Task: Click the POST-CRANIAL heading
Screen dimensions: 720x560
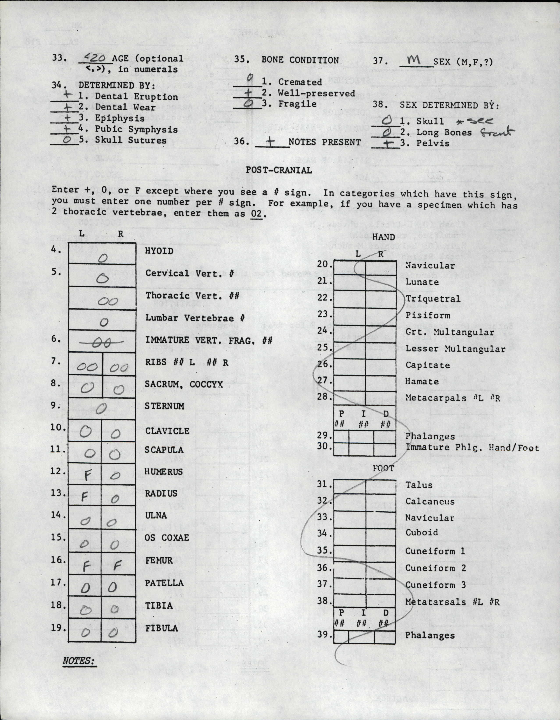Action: coord(279,170)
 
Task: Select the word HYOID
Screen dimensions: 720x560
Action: coord(159,251)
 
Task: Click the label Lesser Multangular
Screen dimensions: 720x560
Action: coord(455,349)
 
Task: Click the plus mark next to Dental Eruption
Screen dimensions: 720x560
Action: coord(67,95)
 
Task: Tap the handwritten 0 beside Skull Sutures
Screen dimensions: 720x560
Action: coord(67,140)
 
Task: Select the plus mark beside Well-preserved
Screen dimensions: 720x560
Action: coord(248,93)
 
